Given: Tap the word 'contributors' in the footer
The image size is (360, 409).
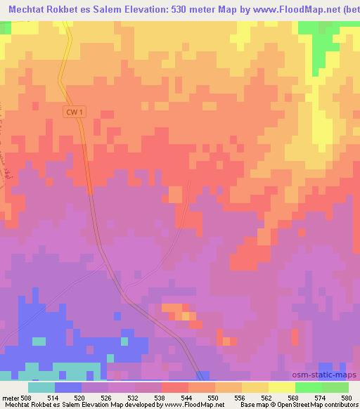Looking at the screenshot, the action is coord(339,405).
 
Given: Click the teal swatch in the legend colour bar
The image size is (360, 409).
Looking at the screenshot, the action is coord(41,388).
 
